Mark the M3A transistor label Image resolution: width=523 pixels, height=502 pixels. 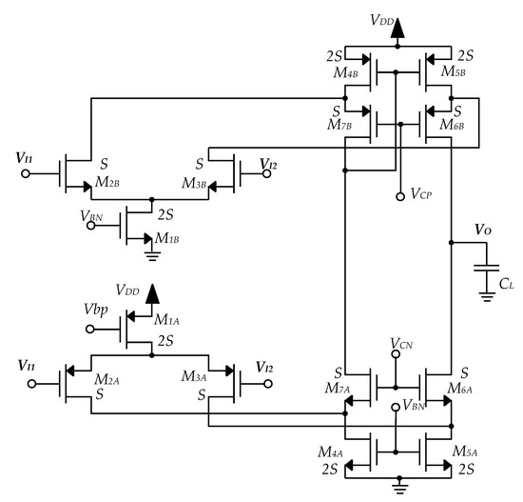point(196,379)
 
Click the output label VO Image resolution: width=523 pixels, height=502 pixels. point(484,231)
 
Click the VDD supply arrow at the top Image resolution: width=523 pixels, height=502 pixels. point(396,31)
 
